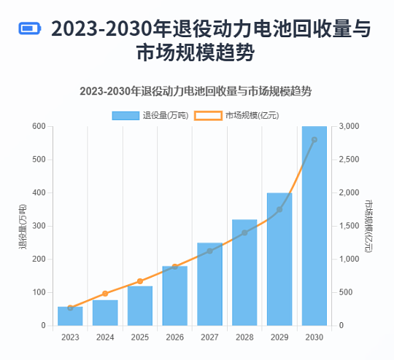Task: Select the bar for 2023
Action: [x=70, y=316]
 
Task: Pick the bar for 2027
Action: [x=209, y=284]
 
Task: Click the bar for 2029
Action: [x=279, y=259]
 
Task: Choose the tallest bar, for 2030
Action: [x=314, y=226]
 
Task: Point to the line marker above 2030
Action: [x=314, y=140]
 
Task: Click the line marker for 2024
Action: [x=105, y=294]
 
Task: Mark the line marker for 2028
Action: [x=244, y=232]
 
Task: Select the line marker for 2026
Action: [x=175, y=267]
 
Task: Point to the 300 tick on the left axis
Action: [x=38, y=226]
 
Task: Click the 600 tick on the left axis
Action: [x=38, y=127]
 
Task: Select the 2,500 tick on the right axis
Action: [x=349, y=160]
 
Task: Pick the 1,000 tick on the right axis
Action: [x=349, y=259]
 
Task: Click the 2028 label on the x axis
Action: [x=244, y=337]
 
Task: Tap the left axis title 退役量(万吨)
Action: [x=23, y=226]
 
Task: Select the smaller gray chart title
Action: [x=196, y=92]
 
